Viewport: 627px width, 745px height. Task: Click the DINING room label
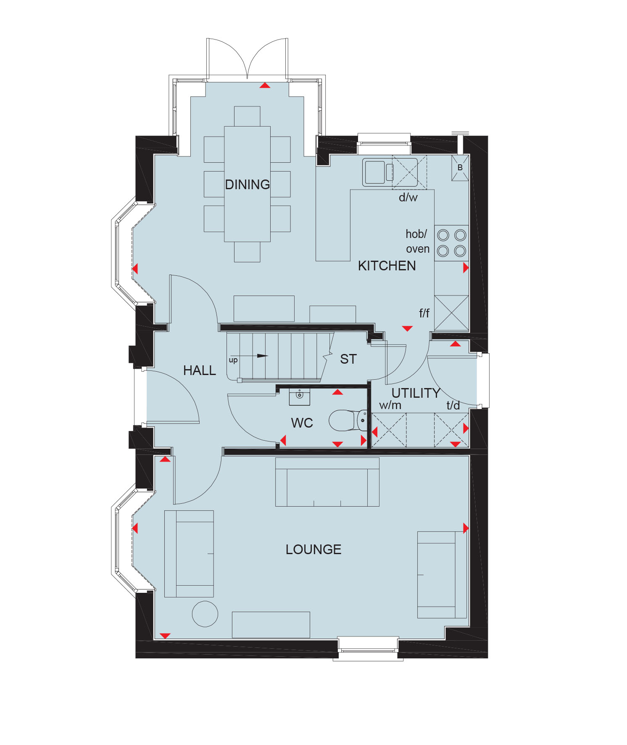pos(247,185)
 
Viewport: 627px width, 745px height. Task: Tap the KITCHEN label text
pos(387,266)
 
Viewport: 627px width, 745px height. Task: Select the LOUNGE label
pos(313,550)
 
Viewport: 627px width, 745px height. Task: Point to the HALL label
pos(199,370)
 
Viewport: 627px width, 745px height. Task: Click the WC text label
pos(302,423)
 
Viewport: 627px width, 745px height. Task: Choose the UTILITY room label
pos(416,393)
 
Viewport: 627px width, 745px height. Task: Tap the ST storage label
pos(348,359)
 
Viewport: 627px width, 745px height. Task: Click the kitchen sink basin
pos(375,172)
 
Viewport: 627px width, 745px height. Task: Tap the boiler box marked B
pos(460,168)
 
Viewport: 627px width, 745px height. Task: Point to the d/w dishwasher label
pos(408,197)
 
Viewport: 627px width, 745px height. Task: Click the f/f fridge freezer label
pos(424,313)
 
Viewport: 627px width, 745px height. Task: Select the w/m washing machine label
pos(390,405)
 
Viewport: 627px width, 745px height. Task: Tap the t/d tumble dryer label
pos(453,405)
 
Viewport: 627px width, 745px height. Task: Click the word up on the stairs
pos(233,360)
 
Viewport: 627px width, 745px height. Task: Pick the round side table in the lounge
pos(205,614)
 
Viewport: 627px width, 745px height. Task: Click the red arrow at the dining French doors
pos(265,85)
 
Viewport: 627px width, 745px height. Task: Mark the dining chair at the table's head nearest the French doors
pos(247,116)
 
